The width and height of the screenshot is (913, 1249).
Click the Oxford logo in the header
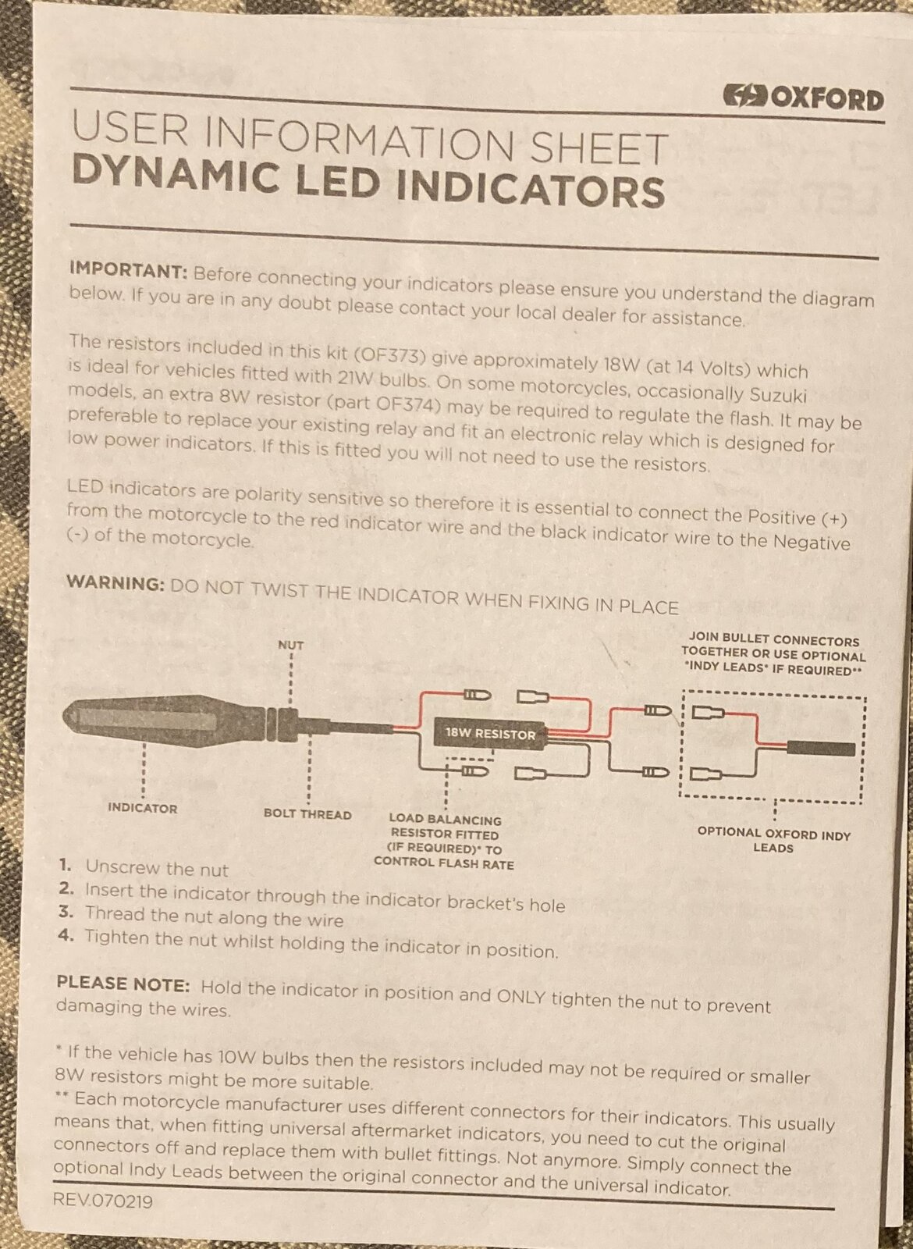pyautogui.click(x=803, y=99)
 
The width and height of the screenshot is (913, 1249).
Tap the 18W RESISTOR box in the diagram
pyautogui.click(x=491, y=734)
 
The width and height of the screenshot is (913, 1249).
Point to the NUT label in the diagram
pyautogui.click(x=290, y=645)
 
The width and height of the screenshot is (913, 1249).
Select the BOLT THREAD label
pyautogui.click(x=307, y=815)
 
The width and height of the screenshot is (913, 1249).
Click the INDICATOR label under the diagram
pyautogui.click(x=142, y=808)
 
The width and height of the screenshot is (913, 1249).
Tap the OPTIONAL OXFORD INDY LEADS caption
pyautogui.click(x=773, y=840)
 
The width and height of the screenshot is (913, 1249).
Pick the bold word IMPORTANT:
pyautogui.click(x=129, y=269)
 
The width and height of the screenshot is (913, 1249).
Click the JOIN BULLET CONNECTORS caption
pyautogui.click(x=773, y=653)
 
